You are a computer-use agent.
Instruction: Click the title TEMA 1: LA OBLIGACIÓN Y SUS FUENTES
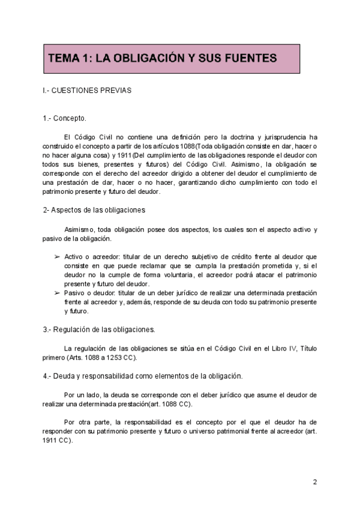[x=162, y=58]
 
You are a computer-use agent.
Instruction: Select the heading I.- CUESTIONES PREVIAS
[x=87, y=91]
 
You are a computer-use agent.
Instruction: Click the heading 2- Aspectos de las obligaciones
[x=94, y=210]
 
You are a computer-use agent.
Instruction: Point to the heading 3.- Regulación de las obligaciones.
[x=99, y=330]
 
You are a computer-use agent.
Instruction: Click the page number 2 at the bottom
[x=315, y=482]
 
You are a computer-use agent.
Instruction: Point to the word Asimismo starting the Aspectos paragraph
[x=79, y=230]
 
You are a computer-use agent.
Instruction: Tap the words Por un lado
[x=82, y=395]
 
